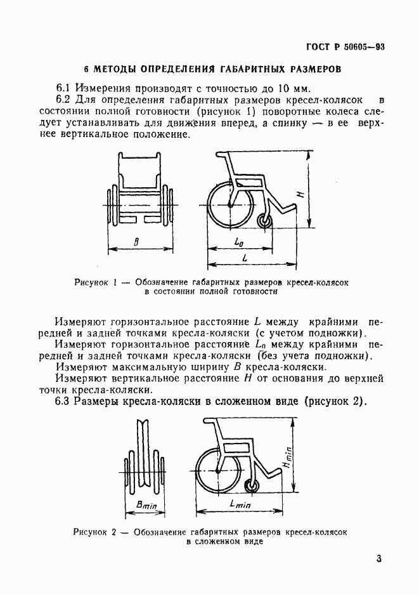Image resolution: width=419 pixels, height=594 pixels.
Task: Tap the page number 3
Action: [378, 558]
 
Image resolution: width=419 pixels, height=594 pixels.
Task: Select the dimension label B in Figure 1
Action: [138, 241]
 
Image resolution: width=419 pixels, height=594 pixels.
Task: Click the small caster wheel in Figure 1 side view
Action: [265, 220]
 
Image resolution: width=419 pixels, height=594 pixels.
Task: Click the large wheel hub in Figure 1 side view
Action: [229, 205]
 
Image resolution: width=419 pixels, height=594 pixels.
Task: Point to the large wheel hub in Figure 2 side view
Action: [219, 472]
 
